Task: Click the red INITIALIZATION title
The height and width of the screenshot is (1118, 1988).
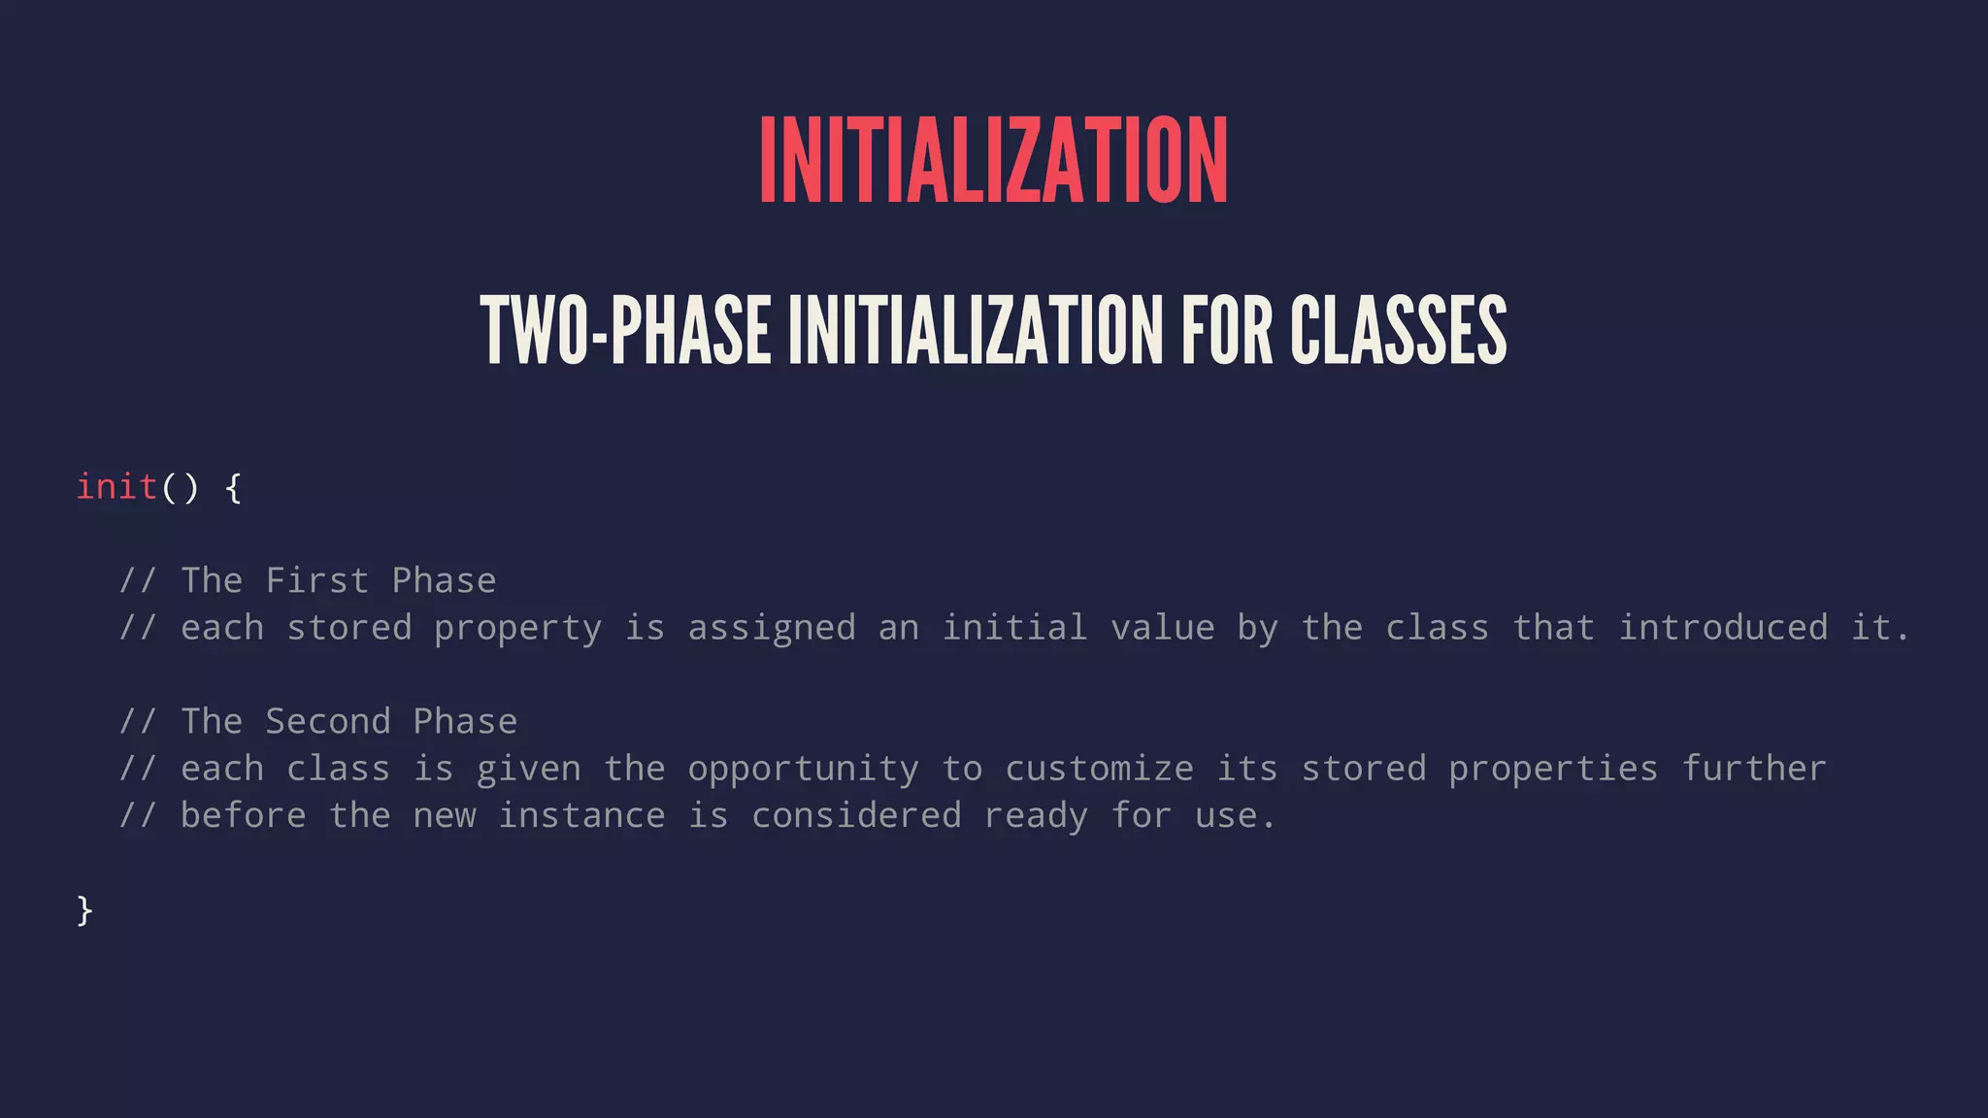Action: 993,160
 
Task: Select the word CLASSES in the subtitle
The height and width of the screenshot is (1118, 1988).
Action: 1398,331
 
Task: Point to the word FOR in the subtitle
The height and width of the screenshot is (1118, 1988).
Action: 1226,331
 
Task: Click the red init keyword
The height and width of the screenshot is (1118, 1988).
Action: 116,486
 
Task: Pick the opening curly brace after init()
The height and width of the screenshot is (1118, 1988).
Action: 233,487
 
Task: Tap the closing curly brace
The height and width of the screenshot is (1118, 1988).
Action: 84,910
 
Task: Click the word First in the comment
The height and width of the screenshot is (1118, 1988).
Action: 317,580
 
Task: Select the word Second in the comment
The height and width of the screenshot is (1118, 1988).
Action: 328,721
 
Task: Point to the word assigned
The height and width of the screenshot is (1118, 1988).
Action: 772,628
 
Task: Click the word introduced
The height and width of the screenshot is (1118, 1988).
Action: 1723,628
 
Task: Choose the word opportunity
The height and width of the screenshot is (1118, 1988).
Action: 803,770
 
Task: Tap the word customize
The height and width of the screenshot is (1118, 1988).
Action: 1099,769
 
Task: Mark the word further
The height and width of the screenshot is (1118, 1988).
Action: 1753,769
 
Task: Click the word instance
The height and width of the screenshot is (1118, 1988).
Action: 581,815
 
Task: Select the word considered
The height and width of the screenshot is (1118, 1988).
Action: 856,815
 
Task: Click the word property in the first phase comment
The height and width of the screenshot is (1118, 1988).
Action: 517,629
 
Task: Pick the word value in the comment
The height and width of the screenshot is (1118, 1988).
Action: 1162,628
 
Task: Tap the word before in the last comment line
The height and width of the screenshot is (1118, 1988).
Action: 243,815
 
